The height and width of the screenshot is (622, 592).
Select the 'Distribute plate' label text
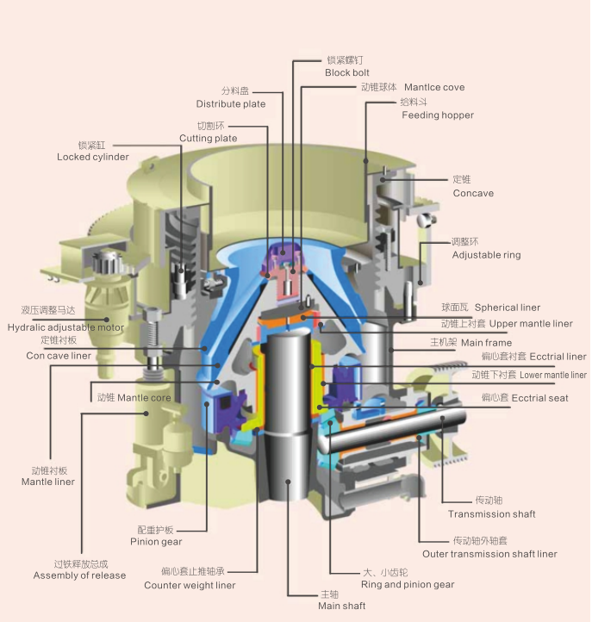pos(230,103)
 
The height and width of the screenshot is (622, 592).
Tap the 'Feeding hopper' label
pos(437,115)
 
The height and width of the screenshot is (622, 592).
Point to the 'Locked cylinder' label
pos(93,157)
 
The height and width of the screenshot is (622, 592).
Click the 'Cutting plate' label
pos(208,138)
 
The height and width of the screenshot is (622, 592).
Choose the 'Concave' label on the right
pos(473,193)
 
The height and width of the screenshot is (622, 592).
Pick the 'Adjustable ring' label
pos(486,255)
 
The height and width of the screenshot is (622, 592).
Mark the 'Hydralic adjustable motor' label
pos(65,327)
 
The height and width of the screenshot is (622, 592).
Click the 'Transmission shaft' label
pos(491,514)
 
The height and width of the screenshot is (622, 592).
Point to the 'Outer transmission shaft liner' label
pos(489,554)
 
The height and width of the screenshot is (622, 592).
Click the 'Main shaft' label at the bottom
pos(341,606)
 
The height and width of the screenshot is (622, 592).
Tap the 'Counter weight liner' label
pos(190,586)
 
